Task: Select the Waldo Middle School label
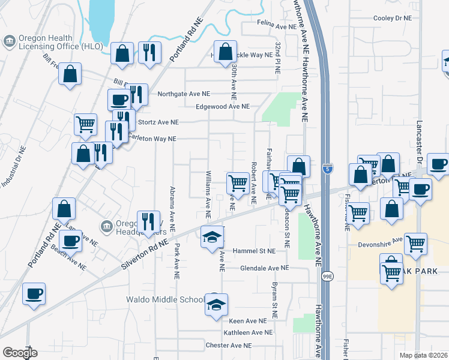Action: pos(163,299)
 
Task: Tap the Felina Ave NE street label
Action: pos(277,26)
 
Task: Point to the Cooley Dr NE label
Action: pos(393,19)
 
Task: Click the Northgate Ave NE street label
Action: pos(184,94)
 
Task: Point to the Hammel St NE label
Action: pos(255,251)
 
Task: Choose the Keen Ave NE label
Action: pos(247,321)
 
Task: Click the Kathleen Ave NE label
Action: pos(248,332)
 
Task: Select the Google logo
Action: pos(20,353)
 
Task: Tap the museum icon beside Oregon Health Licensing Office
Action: pos(10,41)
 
